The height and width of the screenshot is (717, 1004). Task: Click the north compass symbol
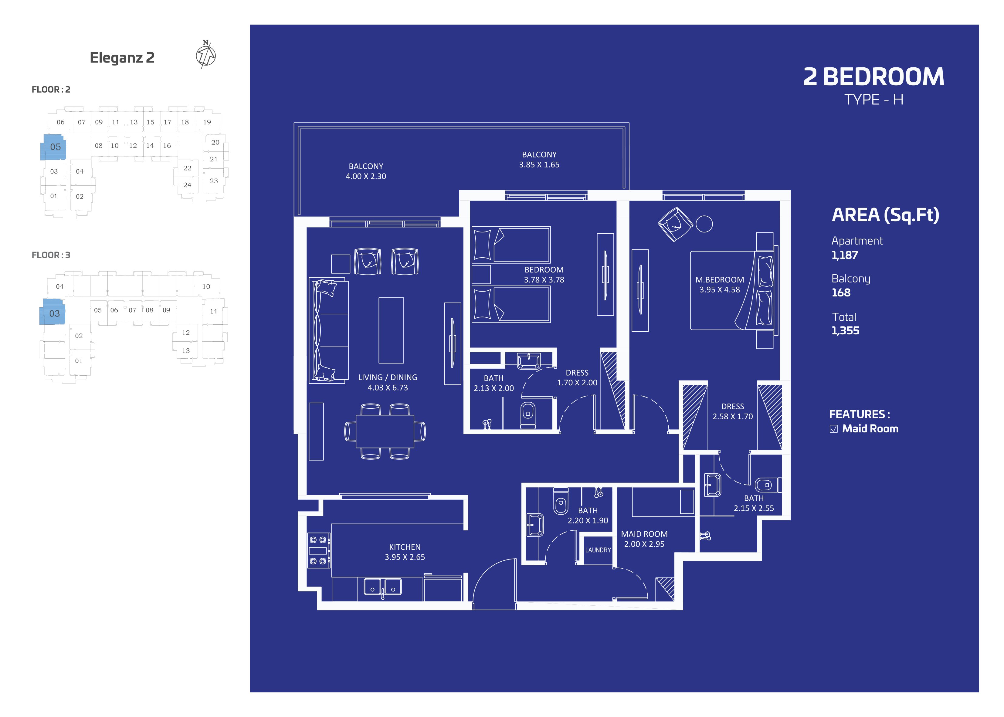206,55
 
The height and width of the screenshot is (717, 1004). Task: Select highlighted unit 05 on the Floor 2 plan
53,147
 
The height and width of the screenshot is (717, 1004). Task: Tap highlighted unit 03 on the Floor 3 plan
53,312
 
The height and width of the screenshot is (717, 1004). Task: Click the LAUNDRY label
598,550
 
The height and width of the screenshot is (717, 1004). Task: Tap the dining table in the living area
385,431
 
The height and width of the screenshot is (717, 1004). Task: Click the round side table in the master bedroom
704,224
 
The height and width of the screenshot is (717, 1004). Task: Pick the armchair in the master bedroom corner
675,224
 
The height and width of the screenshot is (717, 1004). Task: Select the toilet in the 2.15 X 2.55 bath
767,485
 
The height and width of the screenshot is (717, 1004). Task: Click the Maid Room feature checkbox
833,429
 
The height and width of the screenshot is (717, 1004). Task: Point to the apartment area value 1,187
845,255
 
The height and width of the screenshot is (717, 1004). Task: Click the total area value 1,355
845,331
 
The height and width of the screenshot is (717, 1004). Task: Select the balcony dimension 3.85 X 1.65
539,165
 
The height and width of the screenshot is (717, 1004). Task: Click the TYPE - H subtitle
874,99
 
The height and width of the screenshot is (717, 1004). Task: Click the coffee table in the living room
391,330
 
